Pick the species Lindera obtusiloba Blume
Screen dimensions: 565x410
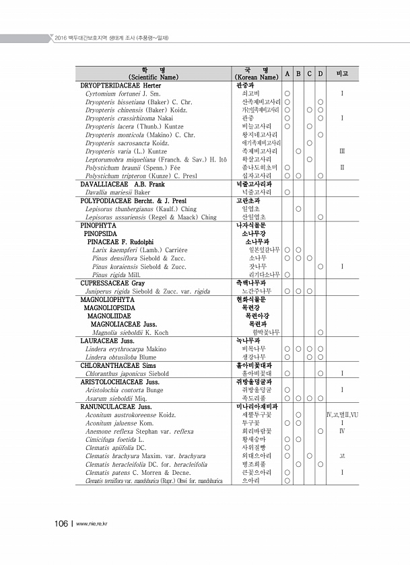click(116, 356)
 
